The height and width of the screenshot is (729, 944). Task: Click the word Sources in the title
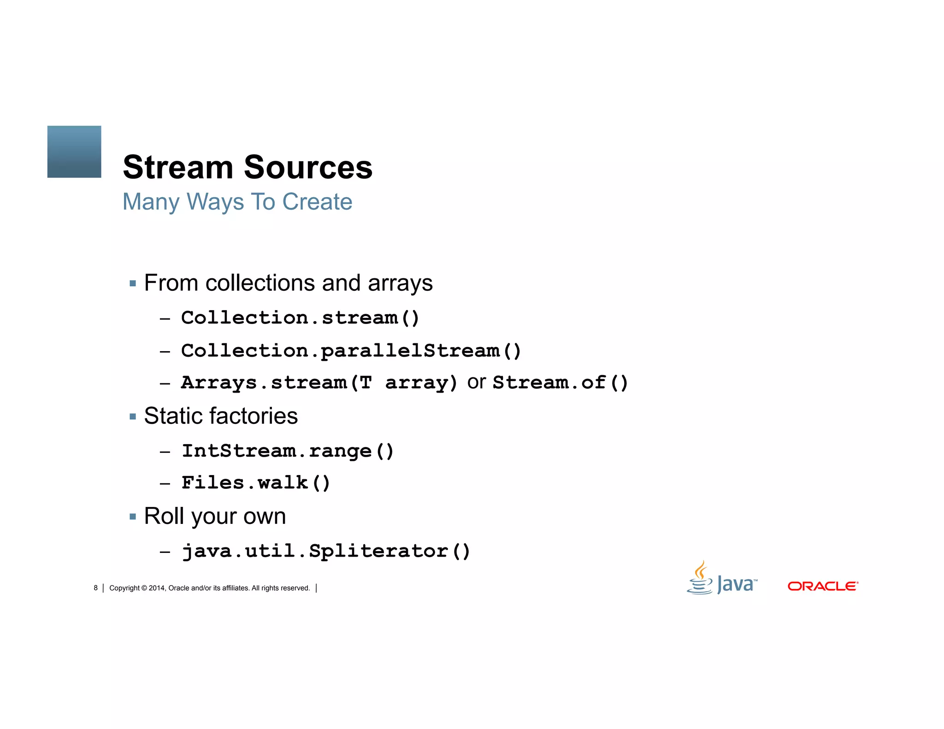pyautogui.click(x=307, y=167)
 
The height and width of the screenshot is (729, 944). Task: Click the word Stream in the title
pyautogui.click(x=178, y=167)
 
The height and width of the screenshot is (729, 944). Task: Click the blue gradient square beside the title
pyautogui.click(x=74, y=152)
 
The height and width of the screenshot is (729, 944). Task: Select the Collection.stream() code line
pyautogui.click(x=300, y=318)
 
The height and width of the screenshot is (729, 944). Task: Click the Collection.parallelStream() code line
pyautogui.click(x=351, y=351)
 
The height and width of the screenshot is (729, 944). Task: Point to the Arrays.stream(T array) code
pyautogui.click(x=319, y=383)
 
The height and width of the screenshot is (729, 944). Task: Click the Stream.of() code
pyautogui.click(x=560, y=383)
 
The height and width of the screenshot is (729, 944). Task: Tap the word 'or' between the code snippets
pyautogui.click(x=476, y=382)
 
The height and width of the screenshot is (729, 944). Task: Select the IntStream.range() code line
pyautogui.click(x=288, y=451)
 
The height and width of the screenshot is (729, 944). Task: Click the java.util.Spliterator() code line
pyautogui.click(x=326, y=551)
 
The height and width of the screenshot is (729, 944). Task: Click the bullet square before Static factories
pyautogui.click(x=133, y=417)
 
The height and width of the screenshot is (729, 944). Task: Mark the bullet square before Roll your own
pyautogui.click(x=133, y=517)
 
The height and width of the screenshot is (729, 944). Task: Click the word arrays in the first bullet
pyautogui.click(x=400, y=283)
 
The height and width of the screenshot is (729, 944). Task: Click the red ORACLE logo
pyautogui.click(x=823, y=586)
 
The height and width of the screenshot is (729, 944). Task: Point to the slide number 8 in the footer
pyautogui.click(x=96, y=588)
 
